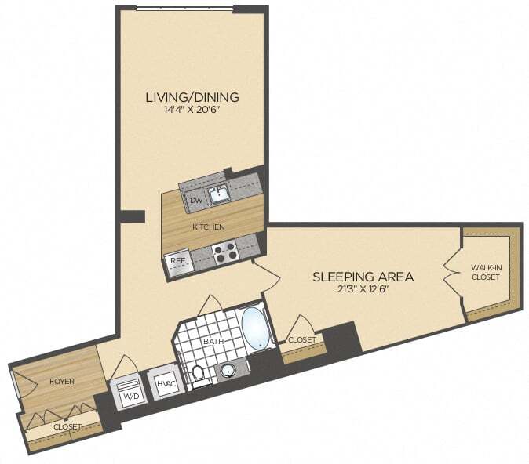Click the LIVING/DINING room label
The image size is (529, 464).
pos(192,97)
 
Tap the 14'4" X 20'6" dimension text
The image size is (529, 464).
pos(192,111)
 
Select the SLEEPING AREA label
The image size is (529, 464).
pos(363,277)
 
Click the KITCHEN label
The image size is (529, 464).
pos(209,227)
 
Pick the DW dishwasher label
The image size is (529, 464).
pos(195,200)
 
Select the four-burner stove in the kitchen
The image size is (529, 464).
pos(226,252)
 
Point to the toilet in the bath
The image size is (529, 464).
pos(199,375)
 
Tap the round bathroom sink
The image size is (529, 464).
pos(228,371)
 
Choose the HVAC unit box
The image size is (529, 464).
pos(165,383)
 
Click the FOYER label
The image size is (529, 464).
pos(61,382)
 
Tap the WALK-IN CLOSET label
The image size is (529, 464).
pos(485,272)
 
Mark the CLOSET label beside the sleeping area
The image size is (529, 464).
pos(301,340)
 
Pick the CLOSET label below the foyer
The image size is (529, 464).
pos(67,426)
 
